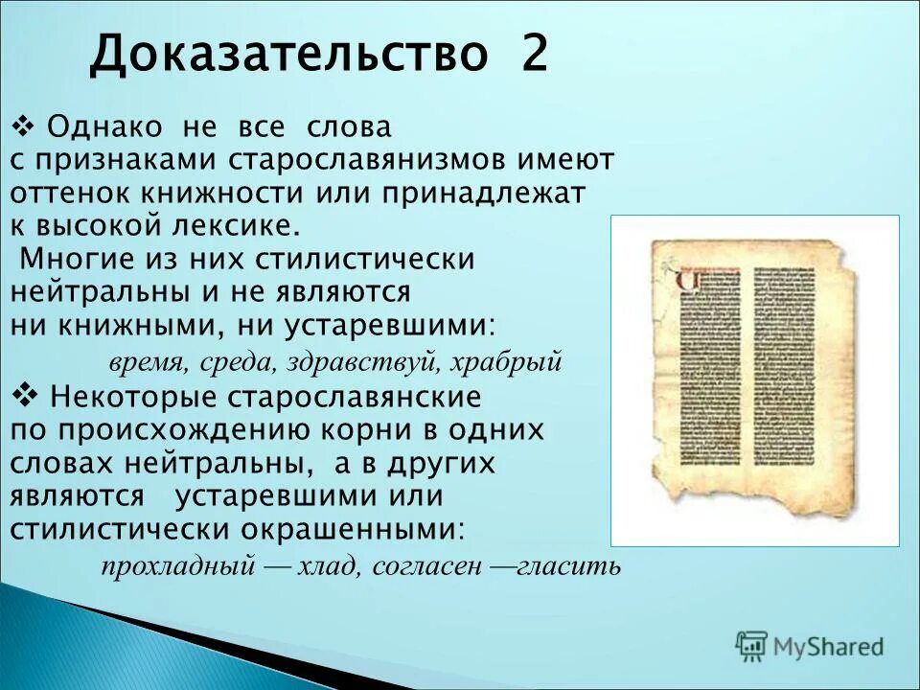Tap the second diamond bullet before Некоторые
pos(27,393)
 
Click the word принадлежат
pos(490,192)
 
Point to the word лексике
pos(237,225)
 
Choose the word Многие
pos(75,259)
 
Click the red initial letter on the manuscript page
pos(687,280)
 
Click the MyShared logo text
pos(829,647)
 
